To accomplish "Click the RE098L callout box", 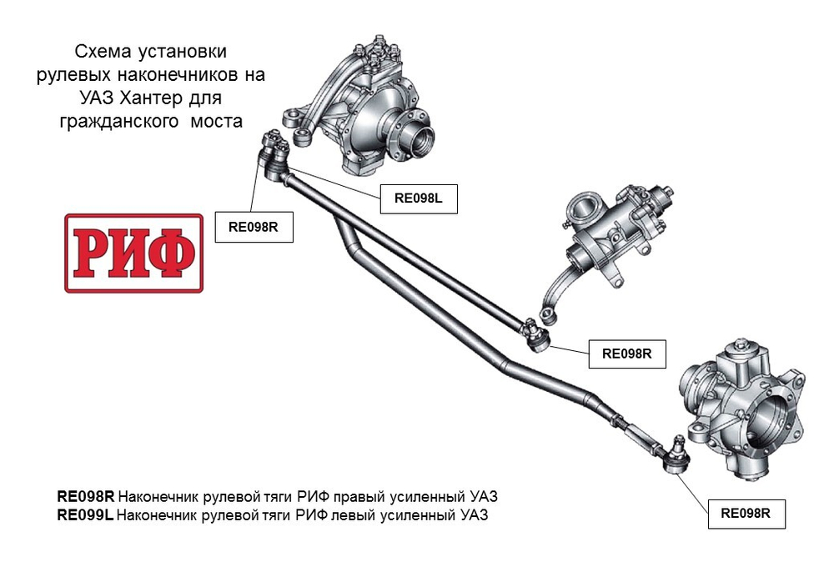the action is [x=419, y=198].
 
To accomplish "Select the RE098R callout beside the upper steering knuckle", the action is [x=254, y=227].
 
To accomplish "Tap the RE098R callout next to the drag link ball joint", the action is [x=627, y=354].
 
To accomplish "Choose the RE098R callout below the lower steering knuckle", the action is [x=746, y=513].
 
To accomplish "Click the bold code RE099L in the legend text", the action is [x=85, y=514].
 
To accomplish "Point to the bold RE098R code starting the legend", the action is [x=86, y=497].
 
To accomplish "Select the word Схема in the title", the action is [x=103, y=51].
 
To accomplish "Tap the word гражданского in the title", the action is [x=118, y=122].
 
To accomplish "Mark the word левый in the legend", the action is [x=353, y=515].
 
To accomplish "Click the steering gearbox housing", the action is [x=617, y=228].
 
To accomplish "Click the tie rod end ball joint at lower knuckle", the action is [x=676, y=457].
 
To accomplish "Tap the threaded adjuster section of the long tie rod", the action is [x=641, y=433].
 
